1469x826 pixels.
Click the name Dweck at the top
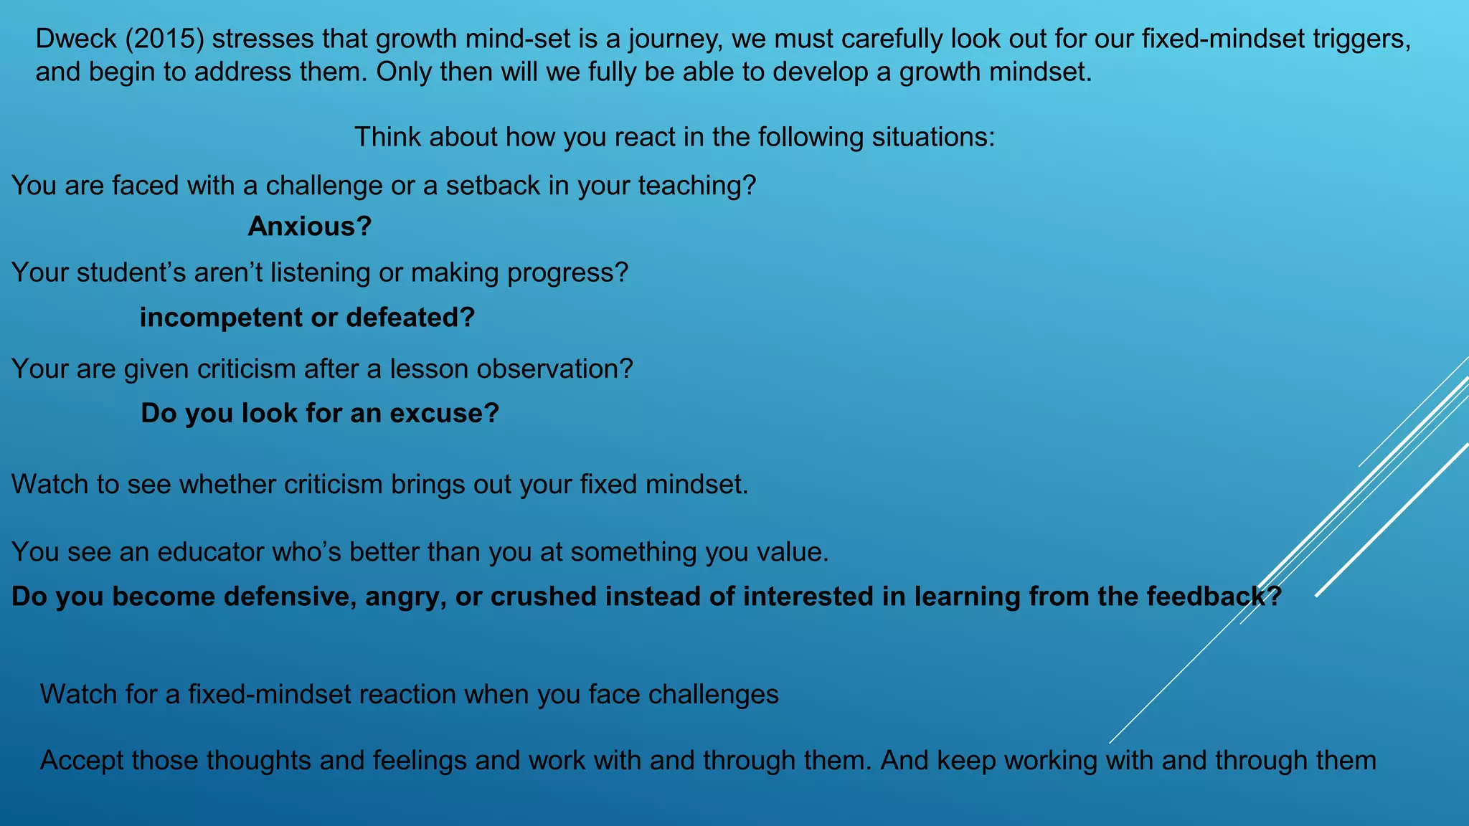click(76, 39)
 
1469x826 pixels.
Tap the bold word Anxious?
click(309, 227)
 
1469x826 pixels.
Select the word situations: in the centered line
click(933, 137)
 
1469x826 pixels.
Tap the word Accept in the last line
click(82, 760)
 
